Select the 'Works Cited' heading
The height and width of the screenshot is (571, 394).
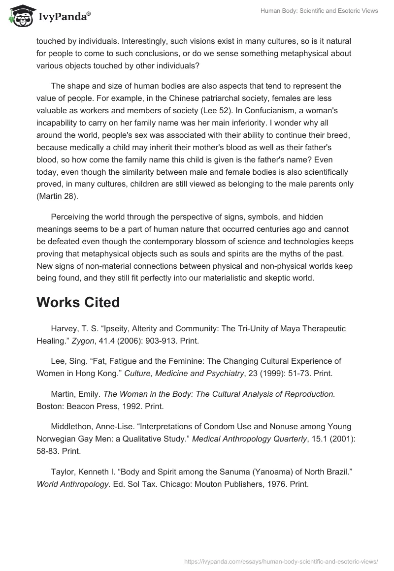[78, 302]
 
